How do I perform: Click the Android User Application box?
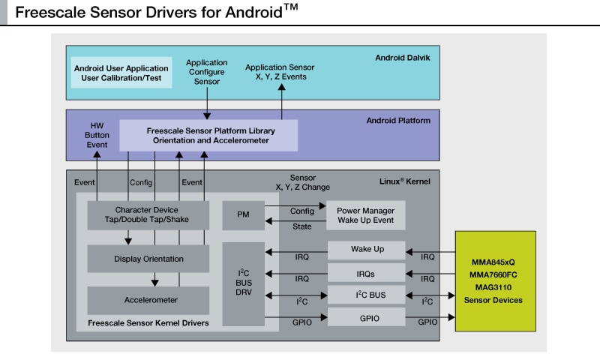click(121, 73)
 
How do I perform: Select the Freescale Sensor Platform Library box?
click(208, 135)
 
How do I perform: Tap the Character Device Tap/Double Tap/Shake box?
click(147, 214)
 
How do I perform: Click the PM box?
click(243, 214)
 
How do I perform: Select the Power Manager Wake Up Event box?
click(365, 214)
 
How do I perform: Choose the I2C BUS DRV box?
click(243, 283)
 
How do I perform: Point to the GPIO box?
click(367, 318)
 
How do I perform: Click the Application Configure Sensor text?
click(206, 72)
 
